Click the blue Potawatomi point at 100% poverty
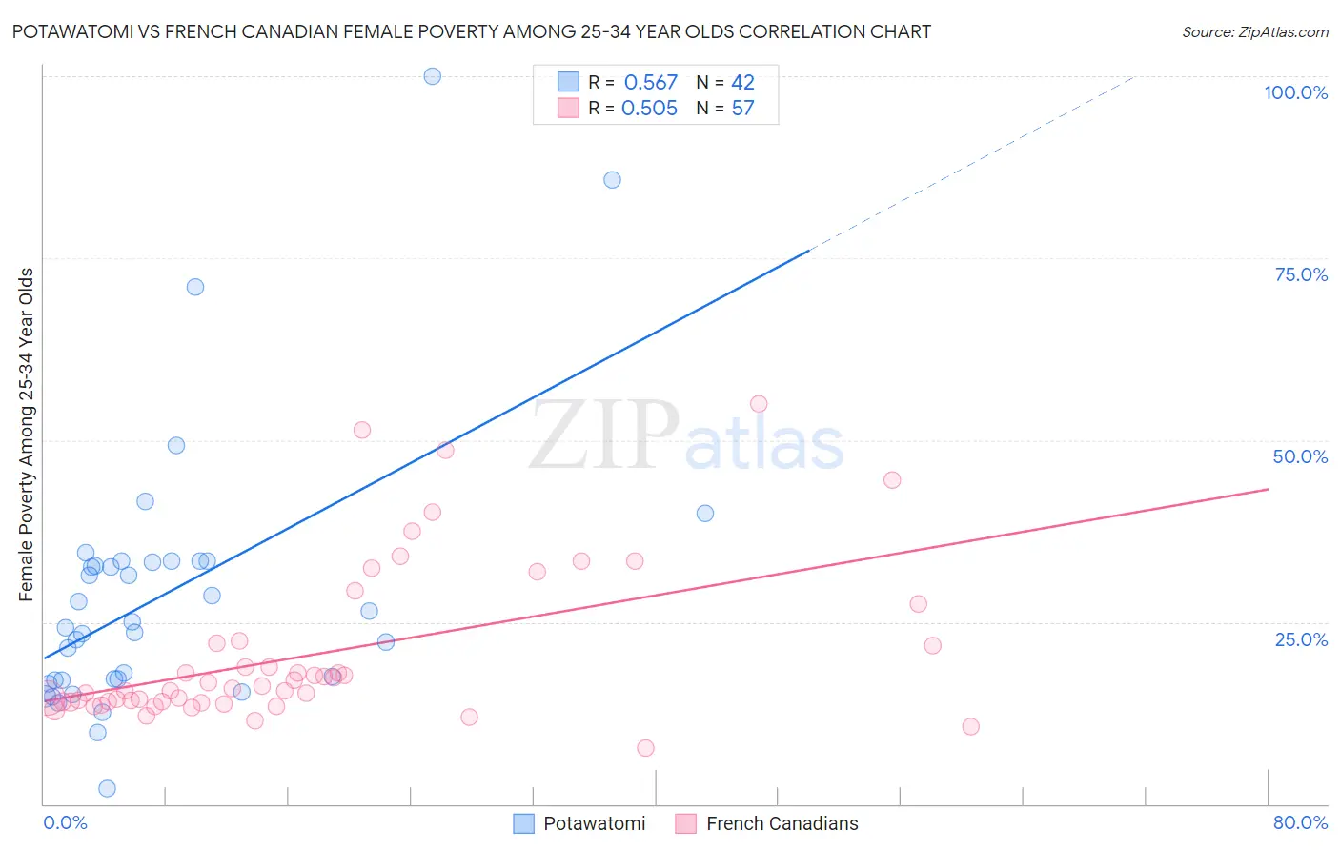tap(432, 76)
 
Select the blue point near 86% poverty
tap(612, 180)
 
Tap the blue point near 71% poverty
tap(195, 287)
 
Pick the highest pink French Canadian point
tap(759, 404)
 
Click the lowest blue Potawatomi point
tap(107, 788)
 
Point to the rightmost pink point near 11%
tap(970, 727)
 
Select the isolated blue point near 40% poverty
tap(705, 514)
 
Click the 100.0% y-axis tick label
tap(1295, 92)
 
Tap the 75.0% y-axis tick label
tap(1301, 274)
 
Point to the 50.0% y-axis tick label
tap(1300, 456)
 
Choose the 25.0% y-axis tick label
tap(1301, 639)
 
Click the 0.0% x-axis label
tap(65, 822)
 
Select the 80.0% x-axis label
tap(1300, 822)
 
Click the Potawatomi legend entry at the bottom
tap(579, 823)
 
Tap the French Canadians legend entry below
tap(767, 823)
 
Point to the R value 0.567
tap(650, 83)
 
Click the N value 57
tap(742, 109)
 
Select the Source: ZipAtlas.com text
tap(1254, 32)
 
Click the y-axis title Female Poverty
tap(26, 435)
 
